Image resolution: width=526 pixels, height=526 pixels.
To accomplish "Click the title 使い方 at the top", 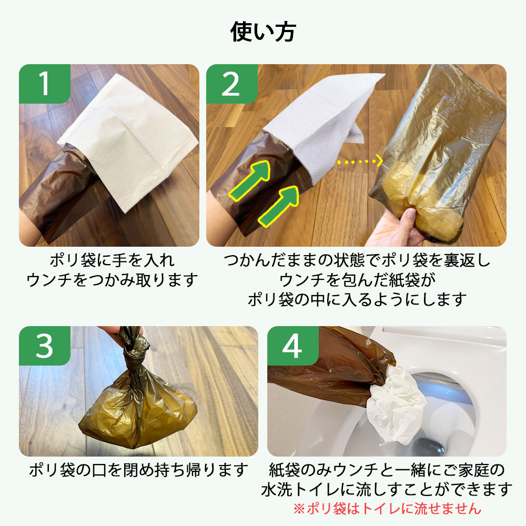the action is [x=263, y=32].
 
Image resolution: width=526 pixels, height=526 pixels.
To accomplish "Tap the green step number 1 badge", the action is [x=45, y=84].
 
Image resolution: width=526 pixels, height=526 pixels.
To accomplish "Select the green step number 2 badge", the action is [x=232, y=84].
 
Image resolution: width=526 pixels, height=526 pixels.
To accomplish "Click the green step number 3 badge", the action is [x=45, y=346].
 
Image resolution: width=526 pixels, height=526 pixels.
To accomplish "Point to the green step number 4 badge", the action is [x=293, y=346].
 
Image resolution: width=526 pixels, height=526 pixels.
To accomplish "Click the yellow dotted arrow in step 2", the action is [x=360, y=161].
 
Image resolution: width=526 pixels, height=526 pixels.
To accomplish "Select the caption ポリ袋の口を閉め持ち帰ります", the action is [x=138, y=470].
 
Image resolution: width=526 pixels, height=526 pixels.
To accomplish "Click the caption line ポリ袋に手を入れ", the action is [x=112, y=260].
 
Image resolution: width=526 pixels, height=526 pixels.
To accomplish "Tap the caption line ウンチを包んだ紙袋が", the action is [x=357, y=280].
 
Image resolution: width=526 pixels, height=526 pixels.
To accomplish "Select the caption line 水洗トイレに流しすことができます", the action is [x=387, y=489].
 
